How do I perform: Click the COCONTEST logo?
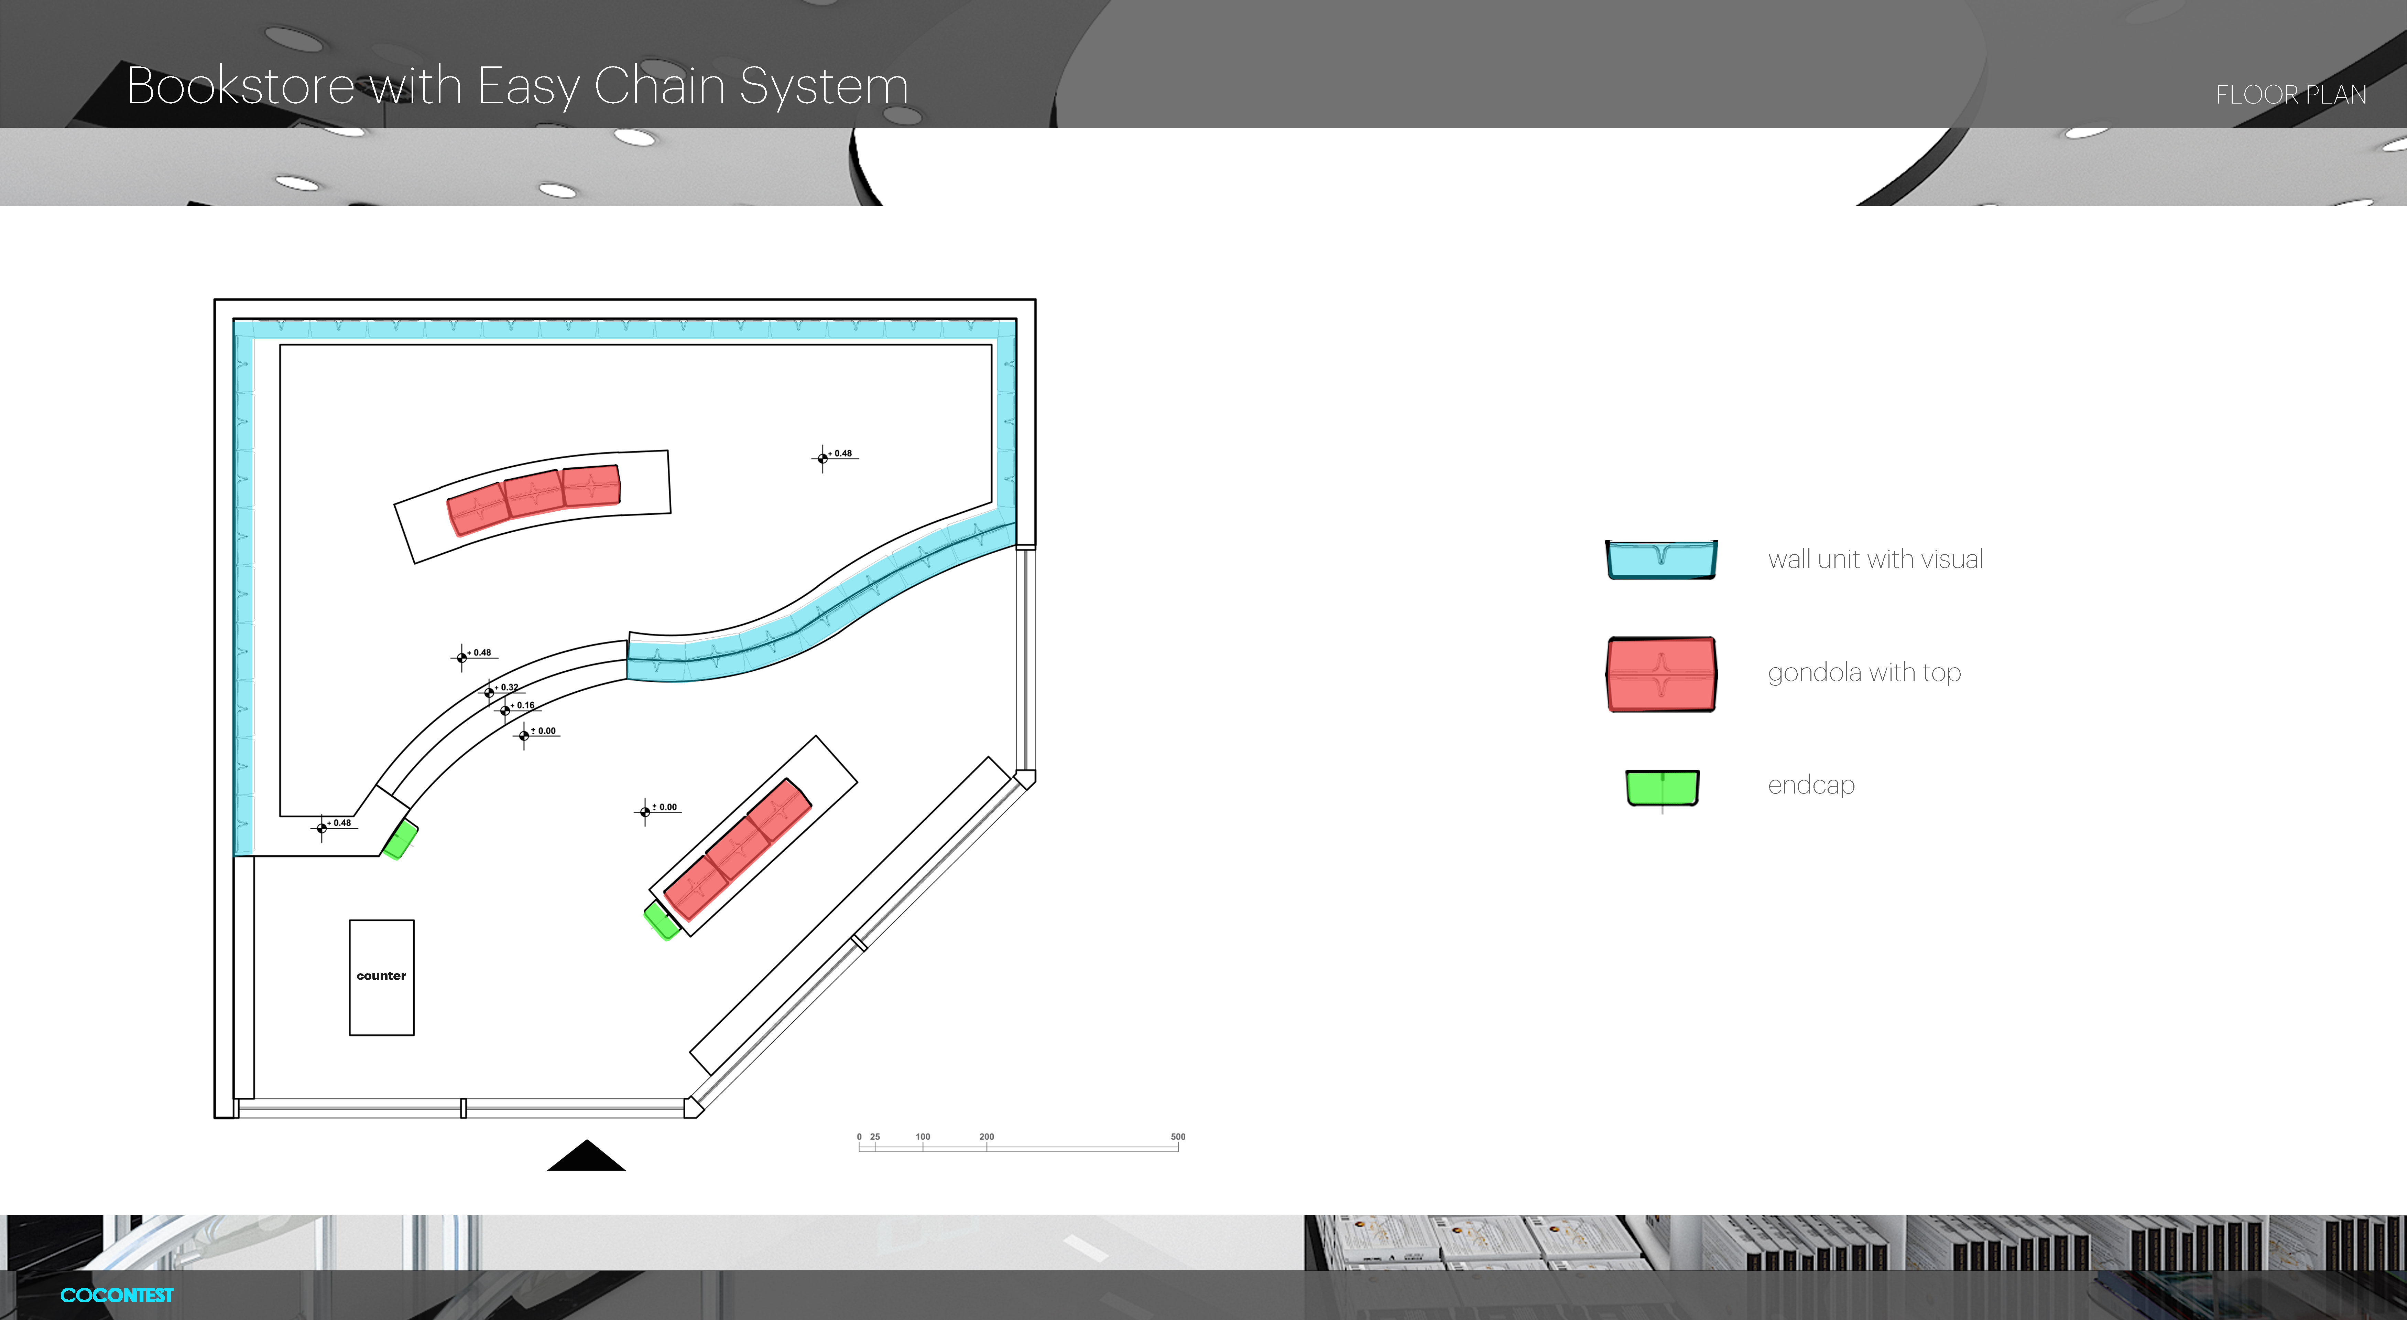tap(117, 1295)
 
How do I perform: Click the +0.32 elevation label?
tap(508, 687)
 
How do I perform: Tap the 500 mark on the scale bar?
tap(1177, 1137)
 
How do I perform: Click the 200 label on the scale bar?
tap(986, 1137)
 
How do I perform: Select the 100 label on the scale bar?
tap(922, 1137)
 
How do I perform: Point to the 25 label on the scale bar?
tap(874, 1137)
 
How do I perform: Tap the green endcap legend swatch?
tap(1662, 787)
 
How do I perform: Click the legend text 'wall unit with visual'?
tap(1874, 559)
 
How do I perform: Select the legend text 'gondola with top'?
tap(1863, 672)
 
